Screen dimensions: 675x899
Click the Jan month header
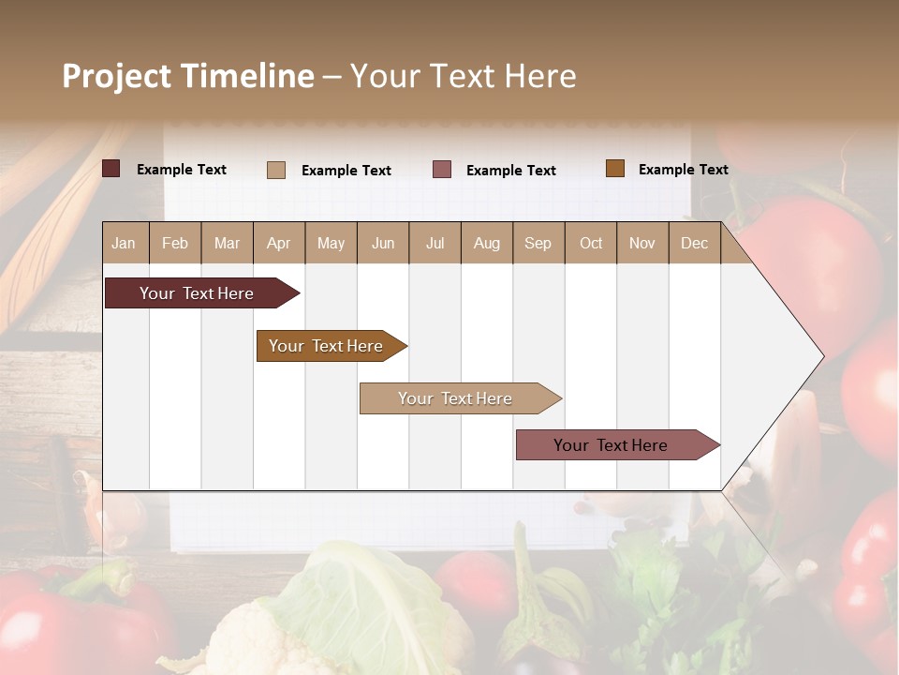pos(125,243)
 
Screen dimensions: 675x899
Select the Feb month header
pos(175,243)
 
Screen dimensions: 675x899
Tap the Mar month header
pos(227,243)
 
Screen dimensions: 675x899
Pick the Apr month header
pos(279,243)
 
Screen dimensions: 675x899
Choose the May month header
pos(331,243)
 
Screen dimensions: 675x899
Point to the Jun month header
pos(383,243)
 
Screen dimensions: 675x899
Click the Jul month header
pos(435,243)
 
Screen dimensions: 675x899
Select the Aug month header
pos(487,243)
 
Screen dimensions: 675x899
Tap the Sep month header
pos(538,243)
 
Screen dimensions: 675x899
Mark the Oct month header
pos(591,243)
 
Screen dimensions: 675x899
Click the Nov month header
pos(642,243)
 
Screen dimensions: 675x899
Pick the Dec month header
pos(695,243)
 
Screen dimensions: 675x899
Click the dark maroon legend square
pos(111,169)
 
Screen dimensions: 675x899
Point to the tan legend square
pos(276,170)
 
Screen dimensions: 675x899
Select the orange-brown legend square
pos(615,169)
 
